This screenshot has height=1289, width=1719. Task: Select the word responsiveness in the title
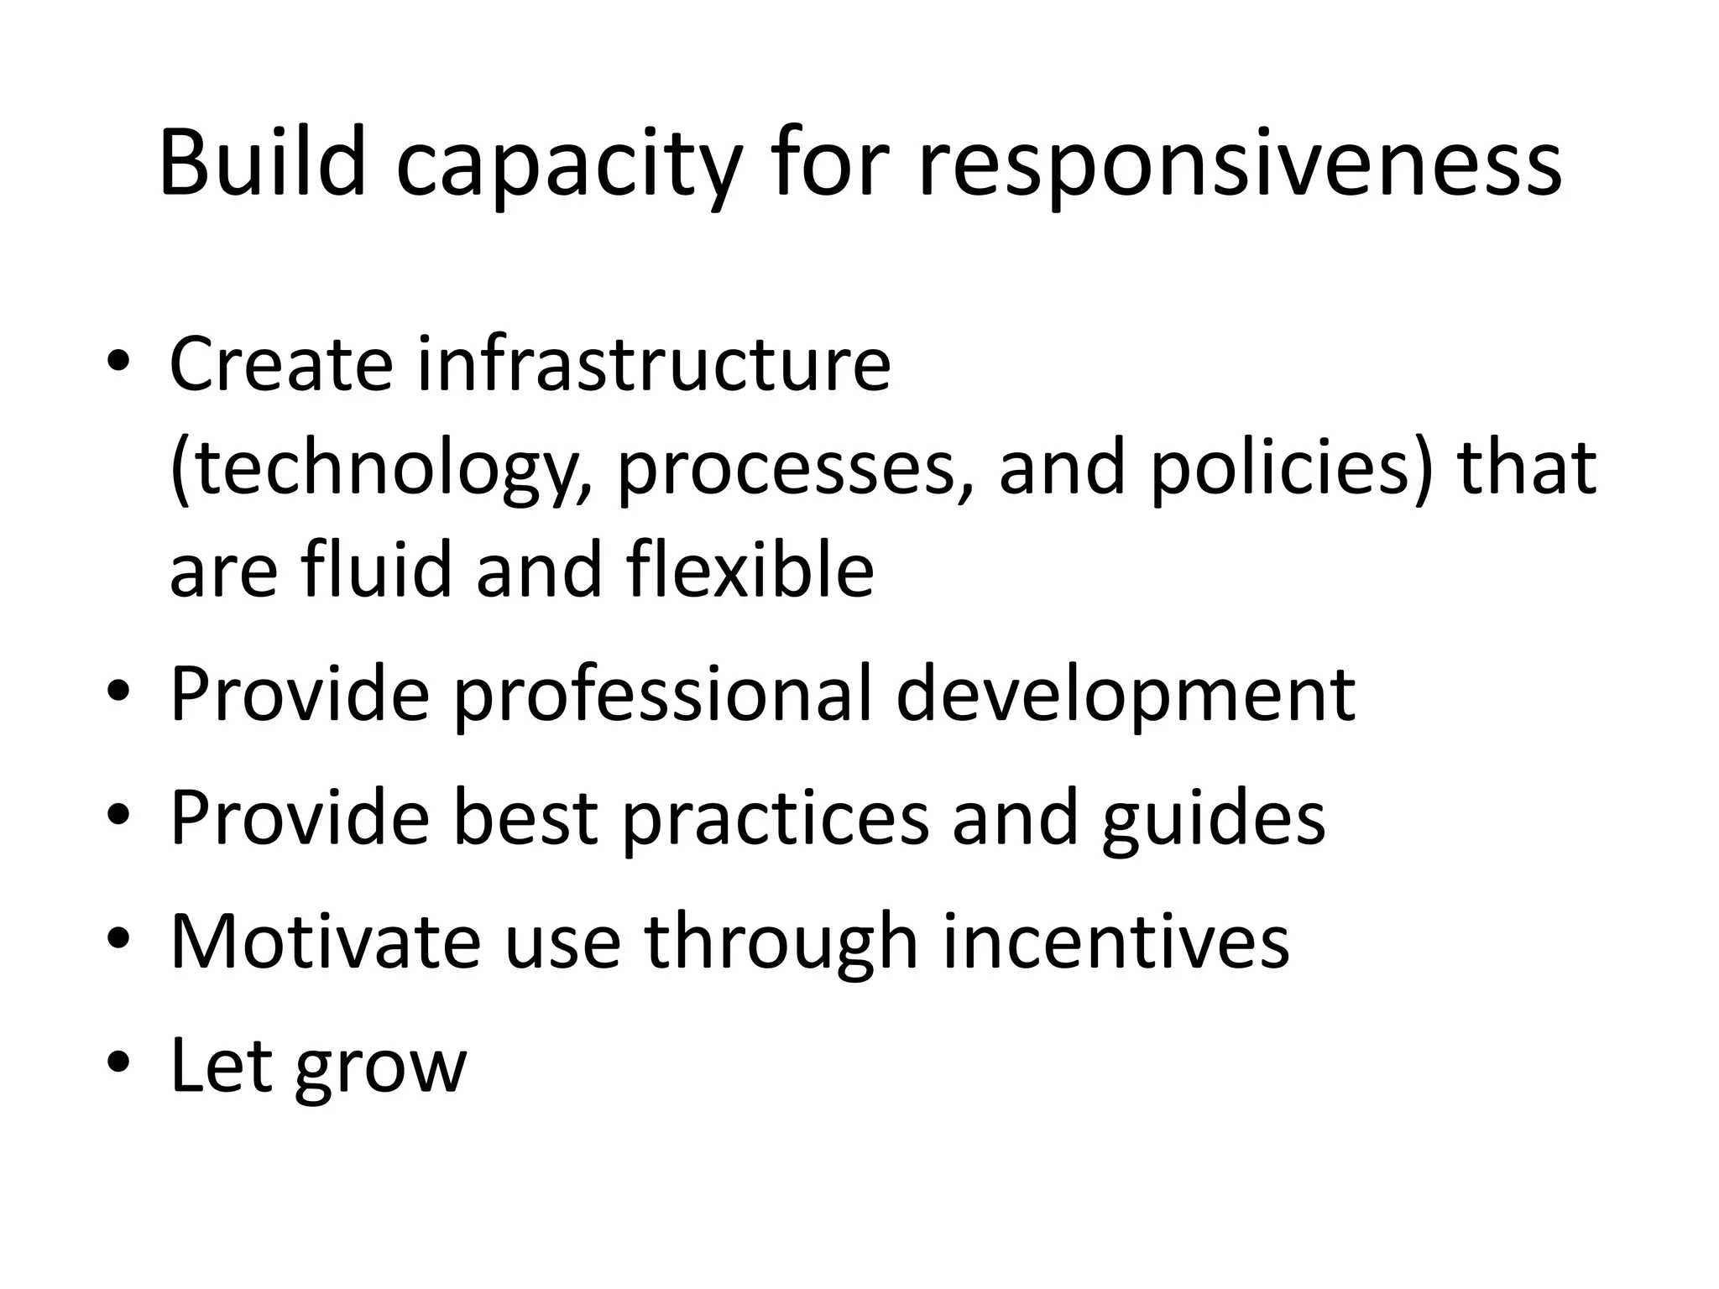pyautogui.click(x=1240, y=168)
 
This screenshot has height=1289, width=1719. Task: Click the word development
pyautogui.click(x=1125, y=695)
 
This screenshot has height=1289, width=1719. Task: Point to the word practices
pyautogui.click(x=775, y=818)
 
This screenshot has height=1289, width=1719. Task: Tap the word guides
pyautogui.click(x=1213, y=818)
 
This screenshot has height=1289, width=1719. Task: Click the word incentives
pyautogui.click(x=1116, y=941)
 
